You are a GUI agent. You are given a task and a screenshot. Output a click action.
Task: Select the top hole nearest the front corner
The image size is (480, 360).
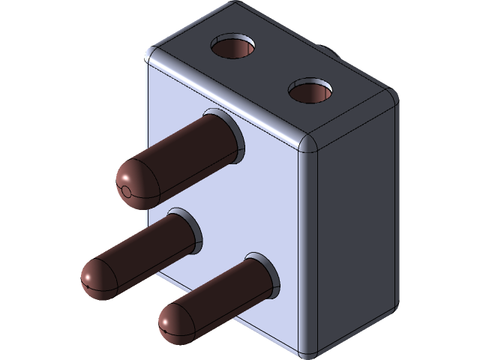click(x=309, y=91)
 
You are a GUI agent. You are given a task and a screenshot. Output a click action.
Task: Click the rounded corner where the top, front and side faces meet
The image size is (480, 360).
click(x=309, y=144)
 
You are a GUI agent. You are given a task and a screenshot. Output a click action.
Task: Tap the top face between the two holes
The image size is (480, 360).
click(x=270, y=71)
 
